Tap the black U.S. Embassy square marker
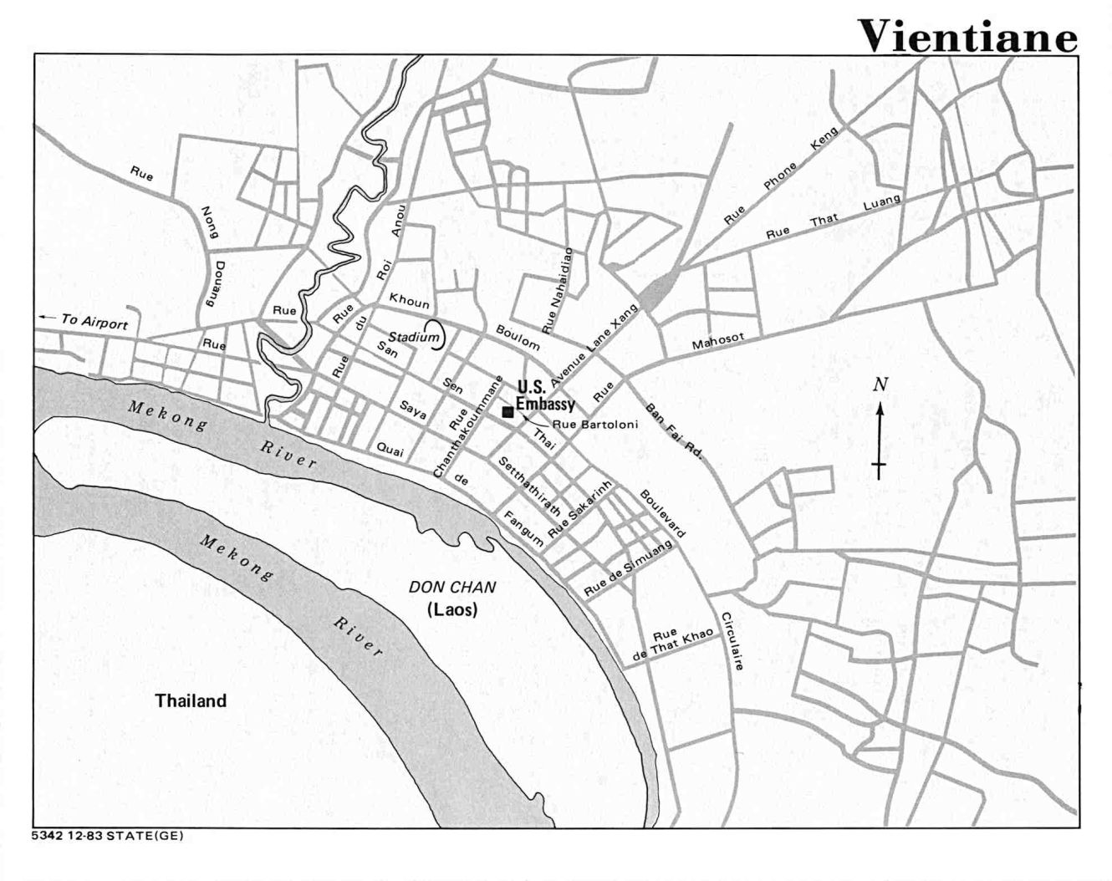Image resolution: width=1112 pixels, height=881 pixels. (x=507, y=412)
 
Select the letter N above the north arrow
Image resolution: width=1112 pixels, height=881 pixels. (x=879, y=384)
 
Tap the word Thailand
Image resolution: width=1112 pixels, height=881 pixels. (x=191, y=700)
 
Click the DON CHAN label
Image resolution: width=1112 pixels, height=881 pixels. (x=451, y=588)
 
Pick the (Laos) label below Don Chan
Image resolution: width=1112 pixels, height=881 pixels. (x=451, y=610)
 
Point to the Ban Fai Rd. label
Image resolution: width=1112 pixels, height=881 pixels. (x=675, y=435)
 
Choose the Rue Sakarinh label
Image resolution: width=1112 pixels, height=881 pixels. (x=580, y=509)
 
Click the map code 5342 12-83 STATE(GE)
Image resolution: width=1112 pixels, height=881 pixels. (x=107, y=834)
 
